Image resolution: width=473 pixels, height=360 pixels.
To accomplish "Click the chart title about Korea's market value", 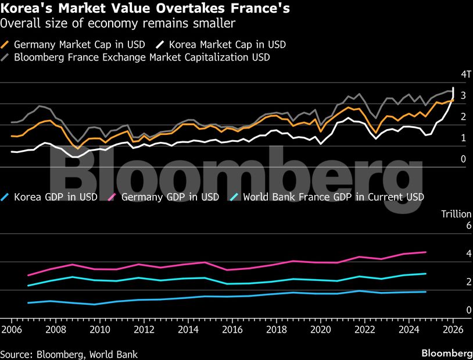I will click(x=146, y=9).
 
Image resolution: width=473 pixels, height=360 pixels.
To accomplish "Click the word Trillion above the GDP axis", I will click(x=456, y=213).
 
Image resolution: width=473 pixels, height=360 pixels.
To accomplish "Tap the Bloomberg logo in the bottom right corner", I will click(x=446, y=353).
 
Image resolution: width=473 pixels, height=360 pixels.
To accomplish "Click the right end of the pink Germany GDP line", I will click(x=426, y=252).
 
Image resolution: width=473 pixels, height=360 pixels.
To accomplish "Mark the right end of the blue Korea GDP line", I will click(x=426, y=291).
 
